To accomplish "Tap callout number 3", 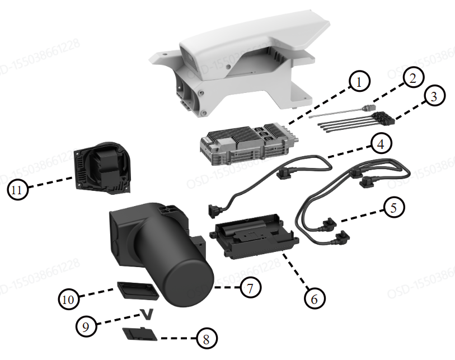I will click(434, 96).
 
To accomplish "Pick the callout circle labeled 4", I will click(379, 144).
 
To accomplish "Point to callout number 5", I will click(394, 207).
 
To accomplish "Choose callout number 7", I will click(250, 288).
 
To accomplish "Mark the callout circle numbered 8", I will click(206, 339).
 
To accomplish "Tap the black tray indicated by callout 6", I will click(252, 238).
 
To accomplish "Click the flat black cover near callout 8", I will click(138, 334).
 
